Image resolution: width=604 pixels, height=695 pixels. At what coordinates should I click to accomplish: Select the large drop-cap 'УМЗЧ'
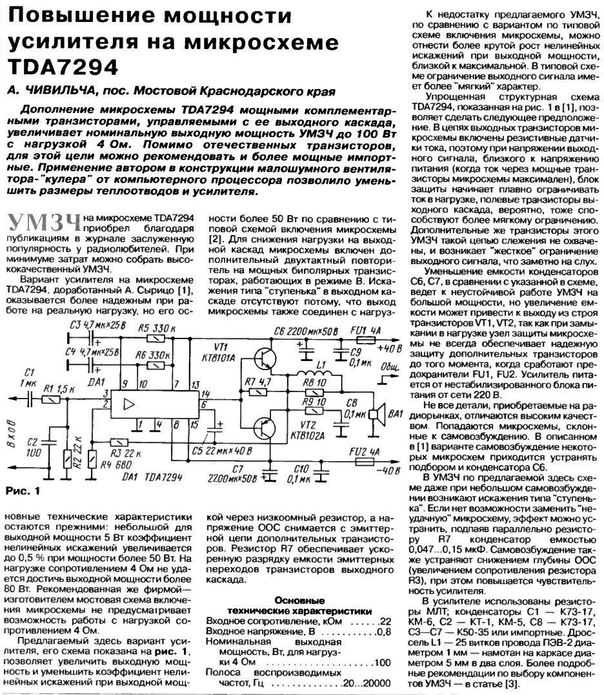click(x=44, y=223)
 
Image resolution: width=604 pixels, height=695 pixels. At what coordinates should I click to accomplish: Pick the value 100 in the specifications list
click(x=382, y=663)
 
